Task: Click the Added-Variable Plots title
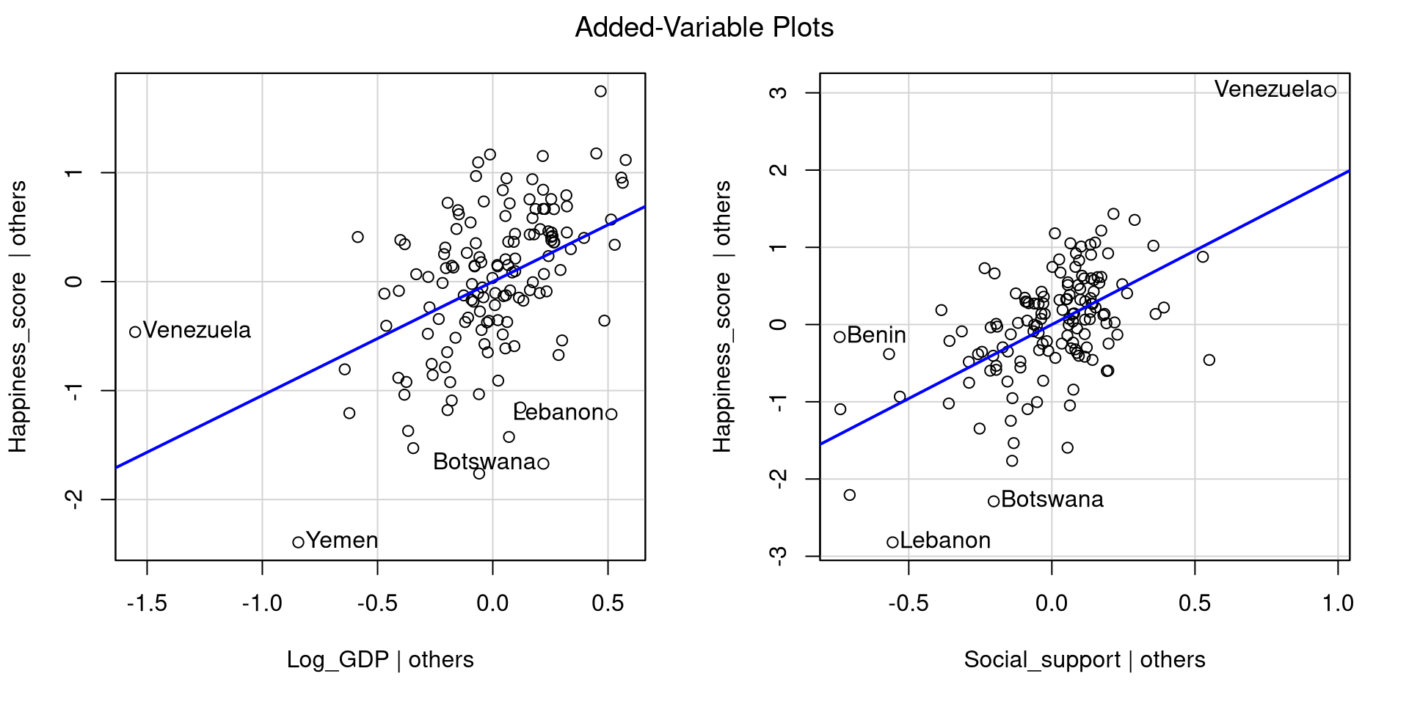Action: [x=704, y=28]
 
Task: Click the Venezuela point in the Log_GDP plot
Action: [x=135, y=332]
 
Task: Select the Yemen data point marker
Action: [x=298, y=543]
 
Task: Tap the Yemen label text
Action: [x=342, y=540]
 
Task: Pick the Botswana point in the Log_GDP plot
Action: [x=544, y=463]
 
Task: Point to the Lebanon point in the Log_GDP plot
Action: [x=611, y=414]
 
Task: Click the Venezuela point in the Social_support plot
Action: [x=1330, y=91]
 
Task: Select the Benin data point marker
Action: [x=840, y=337]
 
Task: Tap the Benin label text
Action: [x=876, y=335]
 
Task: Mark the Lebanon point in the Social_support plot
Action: [x=892, y=543]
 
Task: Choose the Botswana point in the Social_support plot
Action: [x=994, y=502]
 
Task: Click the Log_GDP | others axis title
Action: [x=380, y=659]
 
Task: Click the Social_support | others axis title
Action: [x=1084, y=659]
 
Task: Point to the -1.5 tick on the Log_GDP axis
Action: [x=147, y=603]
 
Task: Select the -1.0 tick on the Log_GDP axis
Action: [x=262, y=603]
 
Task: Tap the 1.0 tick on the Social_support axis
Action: [x=1338, y=603]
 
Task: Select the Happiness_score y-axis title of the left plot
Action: [x=18, y=316]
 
